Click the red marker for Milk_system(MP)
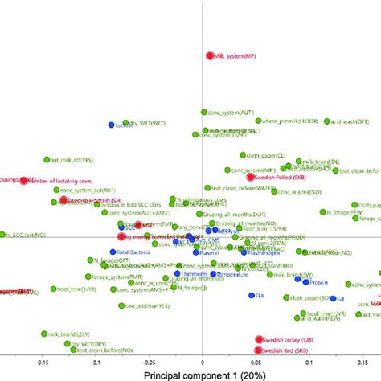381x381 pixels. (211, 55)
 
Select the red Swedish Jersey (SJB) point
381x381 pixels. (259, 340)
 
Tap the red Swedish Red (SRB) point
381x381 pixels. (259, 350)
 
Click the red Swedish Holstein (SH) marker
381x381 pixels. (63, 199)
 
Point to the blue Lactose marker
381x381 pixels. (112, 125)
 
